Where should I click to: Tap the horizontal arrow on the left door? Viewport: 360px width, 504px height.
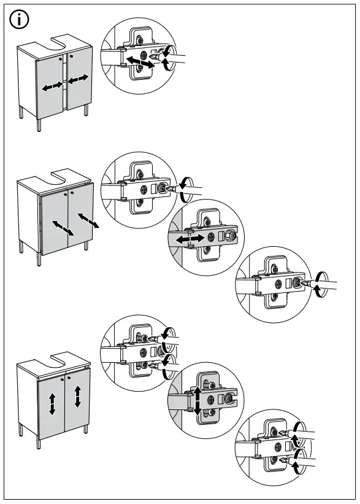[52, 87]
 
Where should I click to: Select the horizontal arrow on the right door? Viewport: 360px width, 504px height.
[79, 80]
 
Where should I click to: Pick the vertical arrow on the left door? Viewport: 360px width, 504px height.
[53, 404]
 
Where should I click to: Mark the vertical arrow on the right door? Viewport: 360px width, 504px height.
[78, 397]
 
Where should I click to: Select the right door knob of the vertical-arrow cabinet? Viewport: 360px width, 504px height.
[70, 376]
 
